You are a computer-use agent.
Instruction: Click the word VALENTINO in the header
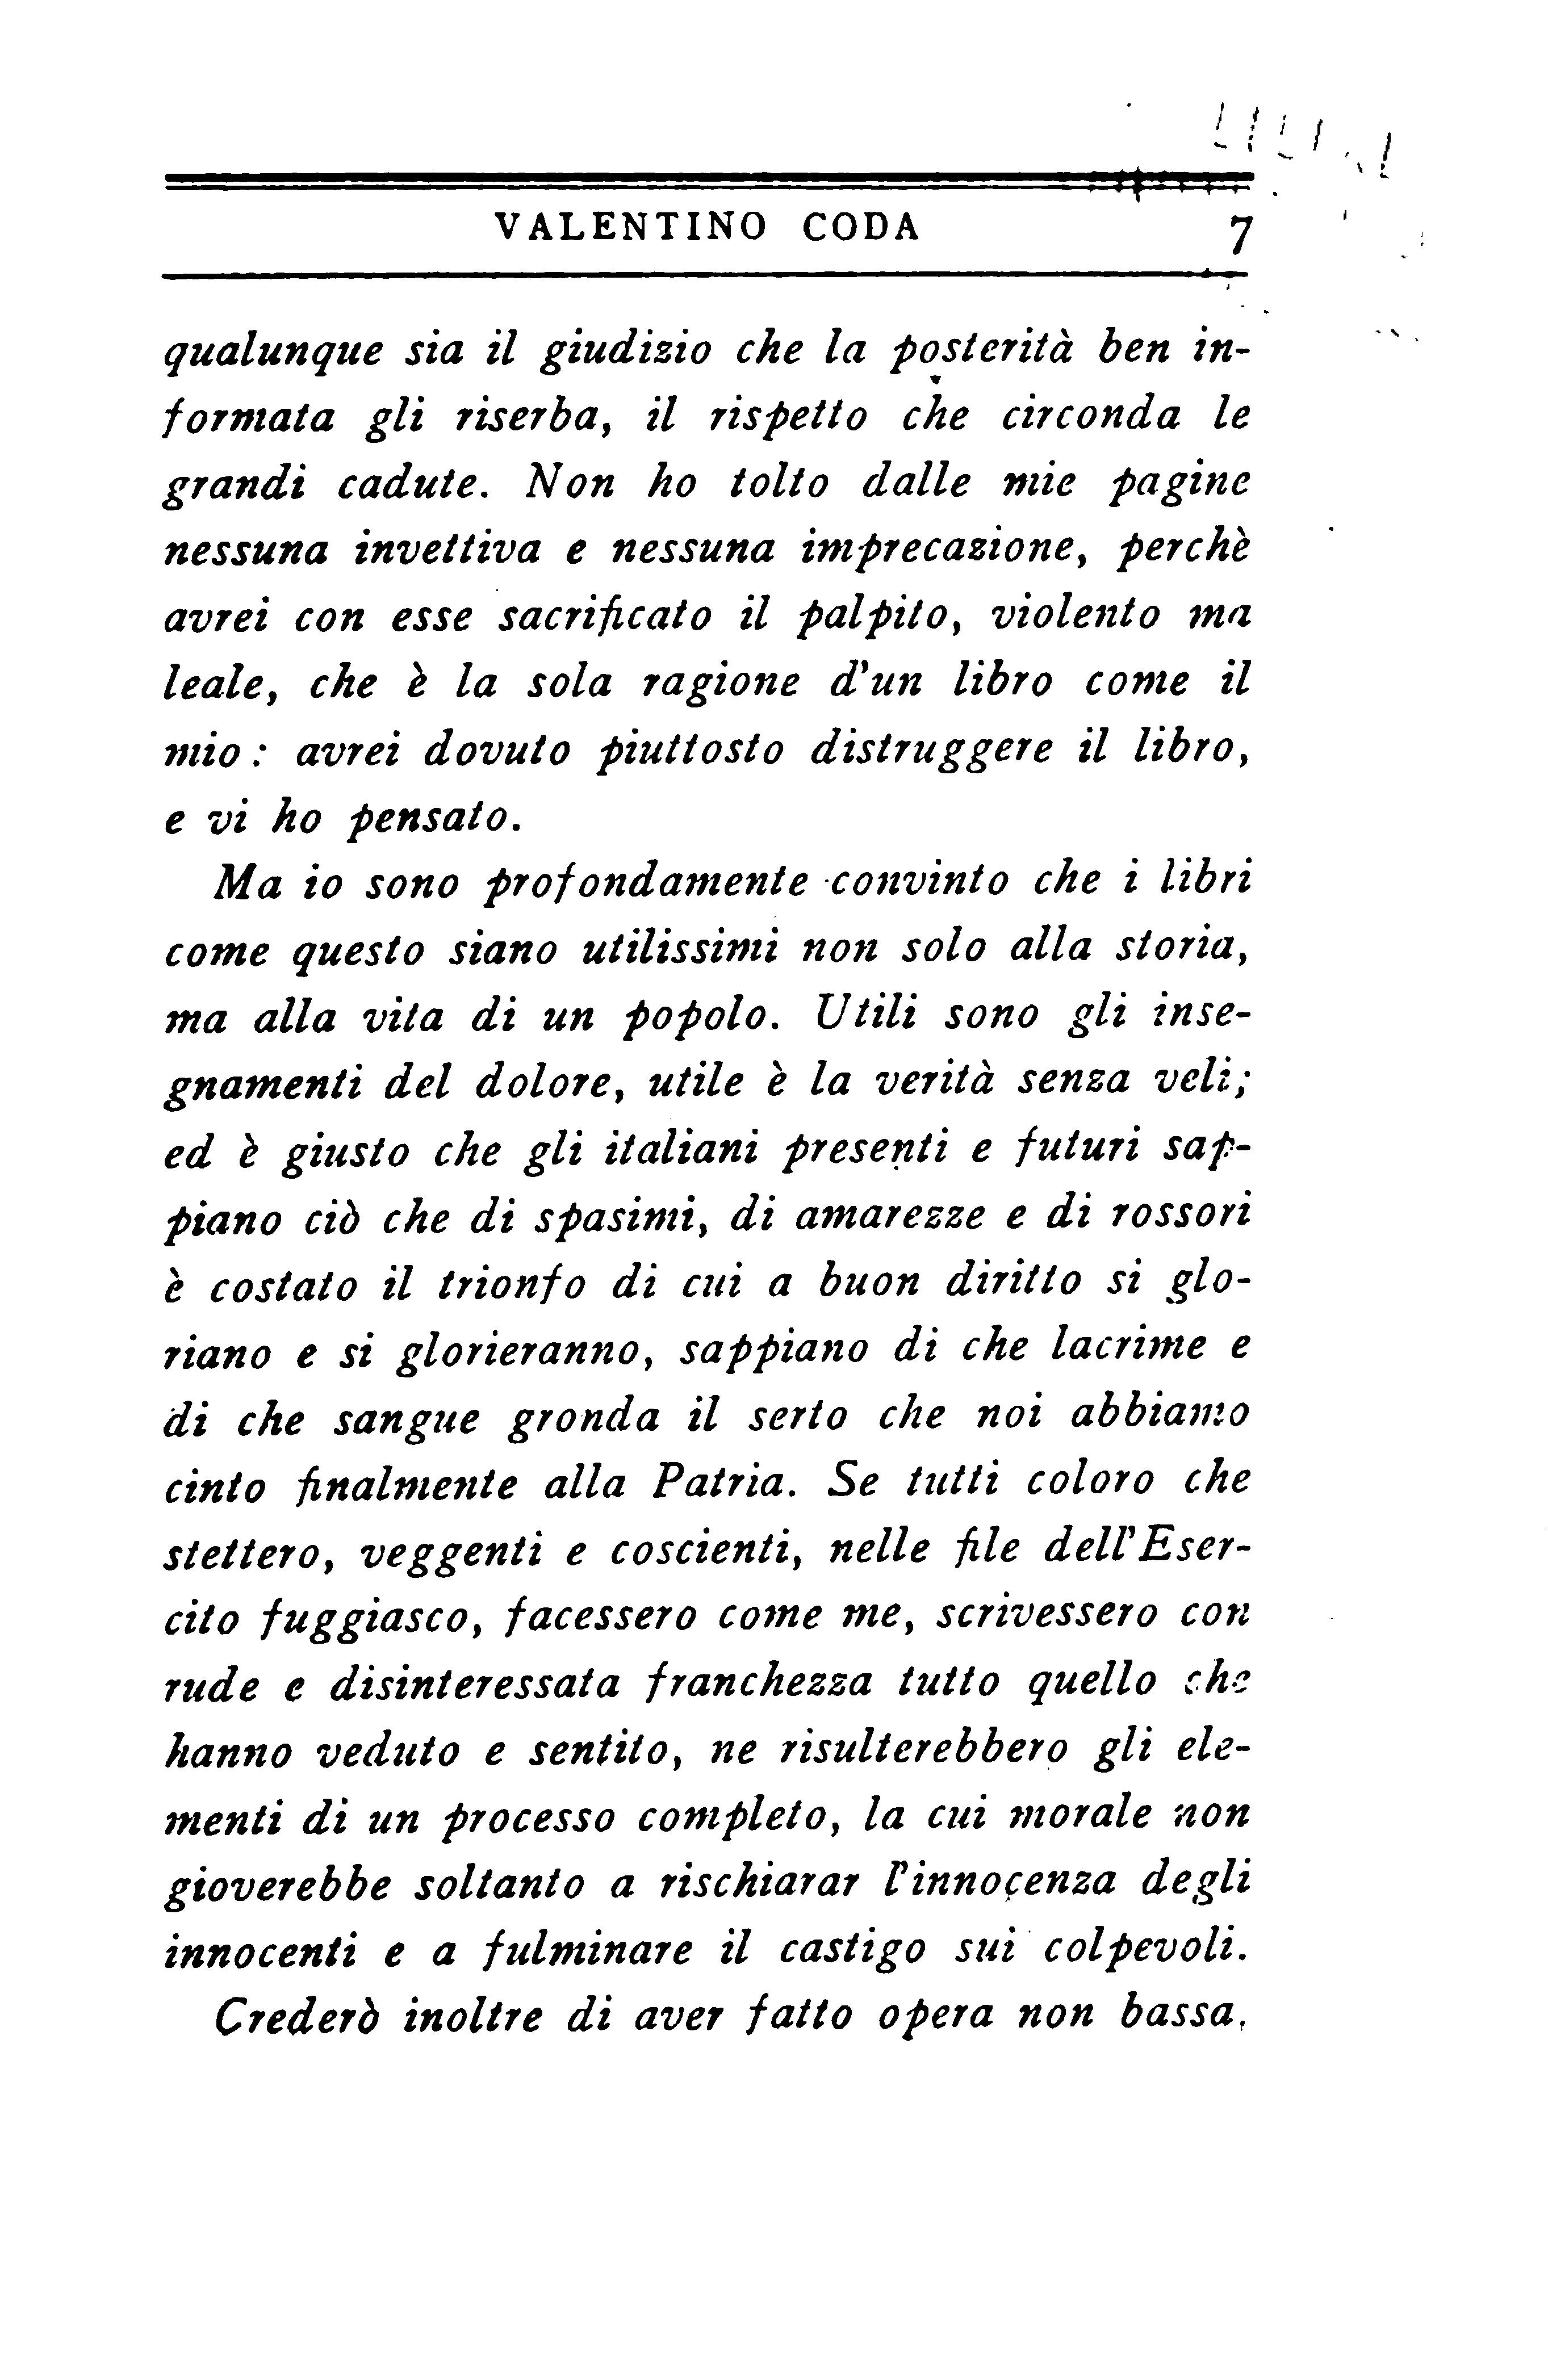(630, 228)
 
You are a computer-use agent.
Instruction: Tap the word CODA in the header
(860, 228)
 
